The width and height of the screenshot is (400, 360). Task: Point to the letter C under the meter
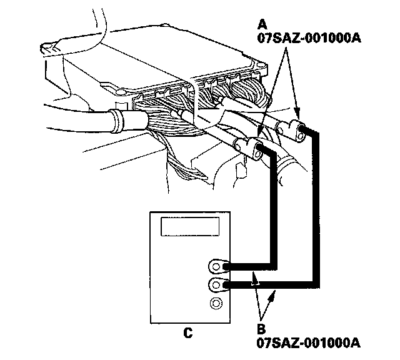pos(187,332)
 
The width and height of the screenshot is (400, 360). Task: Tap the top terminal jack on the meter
pos(216,267)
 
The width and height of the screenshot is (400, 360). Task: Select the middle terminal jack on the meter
pos(216,286)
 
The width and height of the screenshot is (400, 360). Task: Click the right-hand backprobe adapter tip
pos(301,129)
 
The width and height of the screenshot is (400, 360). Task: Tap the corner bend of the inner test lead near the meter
pos(271,265)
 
